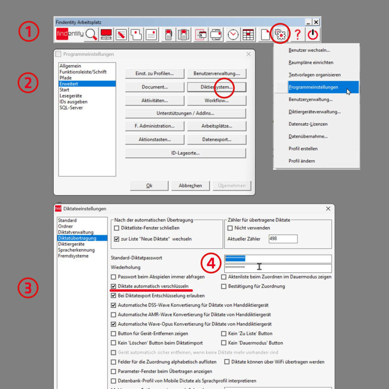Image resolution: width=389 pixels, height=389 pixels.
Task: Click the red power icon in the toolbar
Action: [313, 35]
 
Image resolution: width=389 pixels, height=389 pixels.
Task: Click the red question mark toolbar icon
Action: [297, 35]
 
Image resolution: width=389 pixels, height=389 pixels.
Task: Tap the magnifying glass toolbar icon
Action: [91, 35]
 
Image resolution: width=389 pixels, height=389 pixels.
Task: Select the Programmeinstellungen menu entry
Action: [313, 87]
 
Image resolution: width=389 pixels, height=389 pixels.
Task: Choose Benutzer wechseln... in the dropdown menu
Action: [309, 50]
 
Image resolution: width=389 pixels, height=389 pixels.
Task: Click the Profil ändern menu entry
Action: [302, 161]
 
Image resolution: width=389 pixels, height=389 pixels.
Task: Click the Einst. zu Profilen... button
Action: [155, 73]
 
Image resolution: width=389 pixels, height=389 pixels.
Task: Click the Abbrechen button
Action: [190, 186]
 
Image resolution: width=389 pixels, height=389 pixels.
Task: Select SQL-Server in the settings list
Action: [71, 108]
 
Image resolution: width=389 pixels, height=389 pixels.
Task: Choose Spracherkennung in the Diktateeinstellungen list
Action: [76, 250]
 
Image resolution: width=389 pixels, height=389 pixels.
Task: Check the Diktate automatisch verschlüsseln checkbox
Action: [114, 286]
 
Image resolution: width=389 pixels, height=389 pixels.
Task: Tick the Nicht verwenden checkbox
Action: [230, 228]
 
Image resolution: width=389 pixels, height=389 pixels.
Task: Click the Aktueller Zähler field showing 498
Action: [283, 239]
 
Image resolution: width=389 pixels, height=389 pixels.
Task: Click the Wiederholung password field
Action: [278, 268]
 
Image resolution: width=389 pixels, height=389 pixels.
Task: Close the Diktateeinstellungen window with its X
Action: [328, 209]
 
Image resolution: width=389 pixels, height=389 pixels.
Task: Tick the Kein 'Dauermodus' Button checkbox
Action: [224, 343]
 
